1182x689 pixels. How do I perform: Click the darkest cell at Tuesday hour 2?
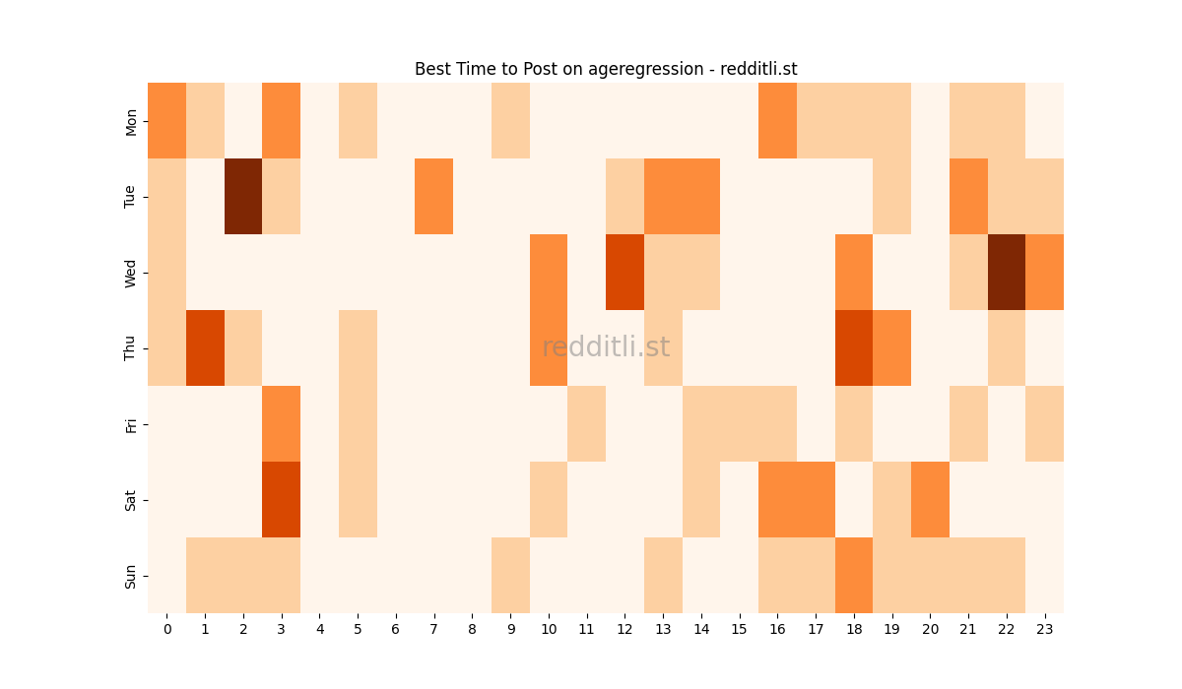pyautogui.click(x=243, y=197)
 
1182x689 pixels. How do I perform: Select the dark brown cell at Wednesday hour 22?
pyautogui.click(x=1007, y=273)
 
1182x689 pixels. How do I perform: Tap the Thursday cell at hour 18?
pyautogui.click(x=854, y=348)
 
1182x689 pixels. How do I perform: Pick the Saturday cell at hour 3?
pyautogui.click(x=282, y=500)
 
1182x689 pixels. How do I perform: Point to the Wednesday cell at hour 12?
pyautogui.click(x=625, y=273)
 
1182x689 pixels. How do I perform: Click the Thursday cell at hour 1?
pyautogui.click(x=205, y=348)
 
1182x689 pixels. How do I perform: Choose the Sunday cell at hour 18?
pyautogui.click(x=854, y=576)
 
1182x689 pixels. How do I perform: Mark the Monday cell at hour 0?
pyautogui.click(x=166, y=121)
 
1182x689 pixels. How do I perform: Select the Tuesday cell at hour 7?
pyautogui.click(x=434, y=197)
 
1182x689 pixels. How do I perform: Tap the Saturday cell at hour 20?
pyautogui.click(x=931, y=500)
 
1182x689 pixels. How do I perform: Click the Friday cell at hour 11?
pyautogui.click(x=587, y=424)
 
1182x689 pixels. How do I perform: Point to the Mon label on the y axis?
pyautogui.click(x=131, y=121)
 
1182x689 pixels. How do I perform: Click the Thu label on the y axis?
pyautogui.click(x=131, y=348)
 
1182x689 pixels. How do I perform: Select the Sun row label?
pyautogui.click(x=131, y=576)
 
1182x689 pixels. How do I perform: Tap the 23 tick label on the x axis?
pyautogui.click(x=1045, y=628)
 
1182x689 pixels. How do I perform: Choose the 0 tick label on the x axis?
pyautogui.click(x=166, y=628)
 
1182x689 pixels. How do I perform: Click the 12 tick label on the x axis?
pyautogui.click(x=625, y=628)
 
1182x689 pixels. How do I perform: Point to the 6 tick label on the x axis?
pyautogui.click(x=396, y=628)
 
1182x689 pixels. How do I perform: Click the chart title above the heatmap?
pyautogui.click(x=606, y=69)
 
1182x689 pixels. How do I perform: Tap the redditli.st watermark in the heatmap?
pyautogui.click(x=606, y=347)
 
